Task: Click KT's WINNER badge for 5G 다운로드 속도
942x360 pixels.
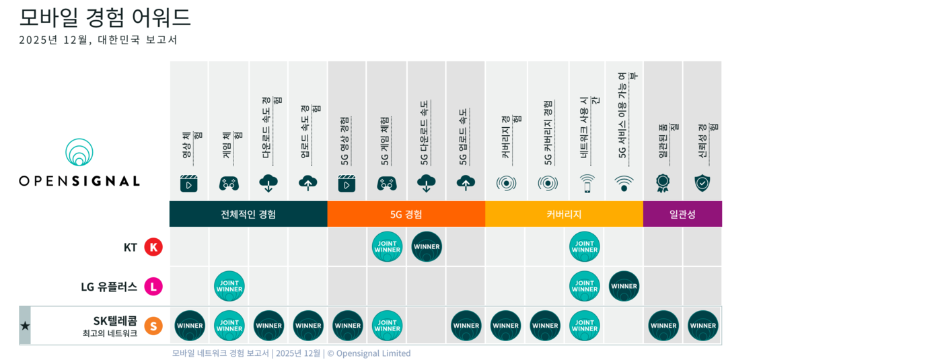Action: pyautogui.click(x=427, y=246)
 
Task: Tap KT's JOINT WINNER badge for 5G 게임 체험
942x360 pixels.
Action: pyautogui.click(x=387, y=246)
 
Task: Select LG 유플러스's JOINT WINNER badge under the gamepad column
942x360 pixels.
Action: pyautogui.click(x=229, y=286)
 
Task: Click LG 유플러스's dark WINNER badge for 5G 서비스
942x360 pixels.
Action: pyautogui.click(x=624, y=286)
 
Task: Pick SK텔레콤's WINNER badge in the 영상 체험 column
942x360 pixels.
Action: pyautogui.click(x=190, y=326)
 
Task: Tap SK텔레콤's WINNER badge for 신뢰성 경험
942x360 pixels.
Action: pyautogui.click(x=703, y=326)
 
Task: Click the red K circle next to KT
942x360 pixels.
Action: pyautogui.click(x=153, y=247)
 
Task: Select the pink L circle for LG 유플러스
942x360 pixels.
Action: pyautogui.click(x=153, y=287)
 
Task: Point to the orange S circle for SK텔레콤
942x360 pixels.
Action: pyautogui.click(x=153, y=326)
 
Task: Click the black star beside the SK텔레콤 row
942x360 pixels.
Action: pyautogui.click(x=25, y=326)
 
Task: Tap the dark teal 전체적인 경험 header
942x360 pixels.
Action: pyautogui.click(x=248, y=214)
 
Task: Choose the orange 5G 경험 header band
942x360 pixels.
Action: pyautogui.click(x=406, y=214)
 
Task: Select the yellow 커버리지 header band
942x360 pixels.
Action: pyautogui.click(x=564, y=214)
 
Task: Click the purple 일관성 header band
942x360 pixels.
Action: pyautogui.click(x=682, y=214)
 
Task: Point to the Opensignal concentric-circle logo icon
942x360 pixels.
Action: pyautogui.click(x=79, y=153)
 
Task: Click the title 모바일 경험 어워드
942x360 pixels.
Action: pyautogui.click(x=105, y=17)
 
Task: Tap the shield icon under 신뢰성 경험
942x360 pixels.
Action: pyautogui.click(x=702, y=183)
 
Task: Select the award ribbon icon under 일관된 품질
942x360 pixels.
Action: pyautogui.click(x=663, y=183)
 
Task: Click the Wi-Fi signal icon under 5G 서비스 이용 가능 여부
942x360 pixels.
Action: pyautogui.click(x=624, y=183)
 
